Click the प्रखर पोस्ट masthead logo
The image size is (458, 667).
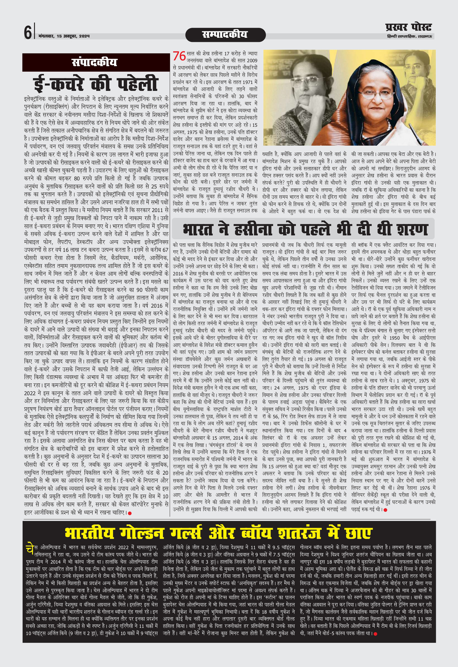click(x=408, y=28)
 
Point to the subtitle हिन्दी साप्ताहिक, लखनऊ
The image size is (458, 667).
click(x=409, y=37)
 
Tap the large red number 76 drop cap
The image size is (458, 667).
click(x=179, y=56)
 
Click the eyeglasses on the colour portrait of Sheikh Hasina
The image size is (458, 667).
click(x=374, y=93)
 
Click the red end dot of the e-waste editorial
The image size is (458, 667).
click(x=130, y=513)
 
